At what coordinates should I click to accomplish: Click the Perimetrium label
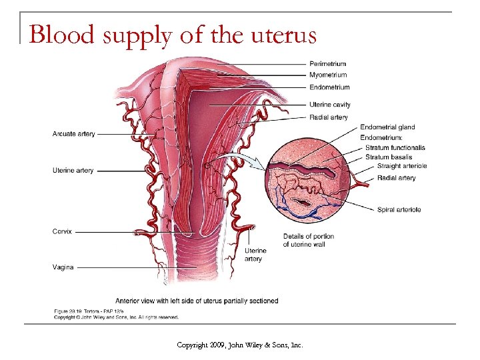point(327,64)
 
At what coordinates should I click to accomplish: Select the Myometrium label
point(328,75)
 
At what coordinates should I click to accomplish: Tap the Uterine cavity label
point(329,105)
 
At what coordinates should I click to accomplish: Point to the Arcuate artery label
point(73,135)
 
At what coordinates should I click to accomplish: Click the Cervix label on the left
point(62,231)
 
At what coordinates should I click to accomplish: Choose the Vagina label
point(63,267)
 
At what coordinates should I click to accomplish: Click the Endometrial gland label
point(387,127)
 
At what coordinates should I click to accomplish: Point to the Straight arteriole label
point(401,166)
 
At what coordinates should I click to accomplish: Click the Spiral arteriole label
point(399,210)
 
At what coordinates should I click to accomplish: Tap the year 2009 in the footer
point(218,345)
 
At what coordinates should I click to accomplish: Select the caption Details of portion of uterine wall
point(308,240)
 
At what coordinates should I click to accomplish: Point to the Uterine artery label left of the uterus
point(73,171)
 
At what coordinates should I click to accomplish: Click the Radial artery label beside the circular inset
point(396,178)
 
